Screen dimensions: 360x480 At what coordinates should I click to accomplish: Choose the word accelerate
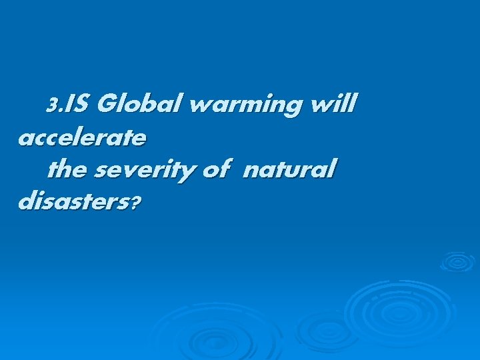(x=82, y=138)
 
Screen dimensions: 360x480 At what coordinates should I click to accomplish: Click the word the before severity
(x=69, y=170)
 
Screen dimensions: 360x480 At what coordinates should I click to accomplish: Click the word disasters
(x=74, y=202)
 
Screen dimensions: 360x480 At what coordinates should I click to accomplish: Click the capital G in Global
(x=107, y=104)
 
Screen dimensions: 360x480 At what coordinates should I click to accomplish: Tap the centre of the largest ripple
(x=392, y=308)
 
